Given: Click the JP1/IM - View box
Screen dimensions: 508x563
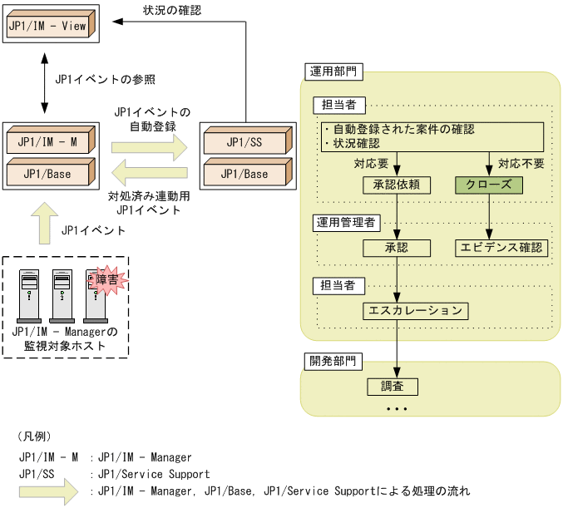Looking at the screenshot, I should (48, 25).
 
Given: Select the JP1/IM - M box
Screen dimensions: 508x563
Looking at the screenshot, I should (48, 142).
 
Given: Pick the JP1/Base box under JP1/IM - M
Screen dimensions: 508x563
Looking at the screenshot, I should (48, 174).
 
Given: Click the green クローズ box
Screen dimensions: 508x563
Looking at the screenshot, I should (489, 185).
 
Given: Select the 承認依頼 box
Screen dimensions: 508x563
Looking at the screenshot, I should (398, 185).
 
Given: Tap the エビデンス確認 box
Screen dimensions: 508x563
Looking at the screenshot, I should (501, 248).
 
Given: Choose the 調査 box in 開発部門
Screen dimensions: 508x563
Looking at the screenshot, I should (392, 387).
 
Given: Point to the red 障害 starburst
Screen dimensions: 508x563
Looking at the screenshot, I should (106, 279).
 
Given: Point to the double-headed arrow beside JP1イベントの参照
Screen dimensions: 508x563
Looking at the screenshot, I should (43, 81).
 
